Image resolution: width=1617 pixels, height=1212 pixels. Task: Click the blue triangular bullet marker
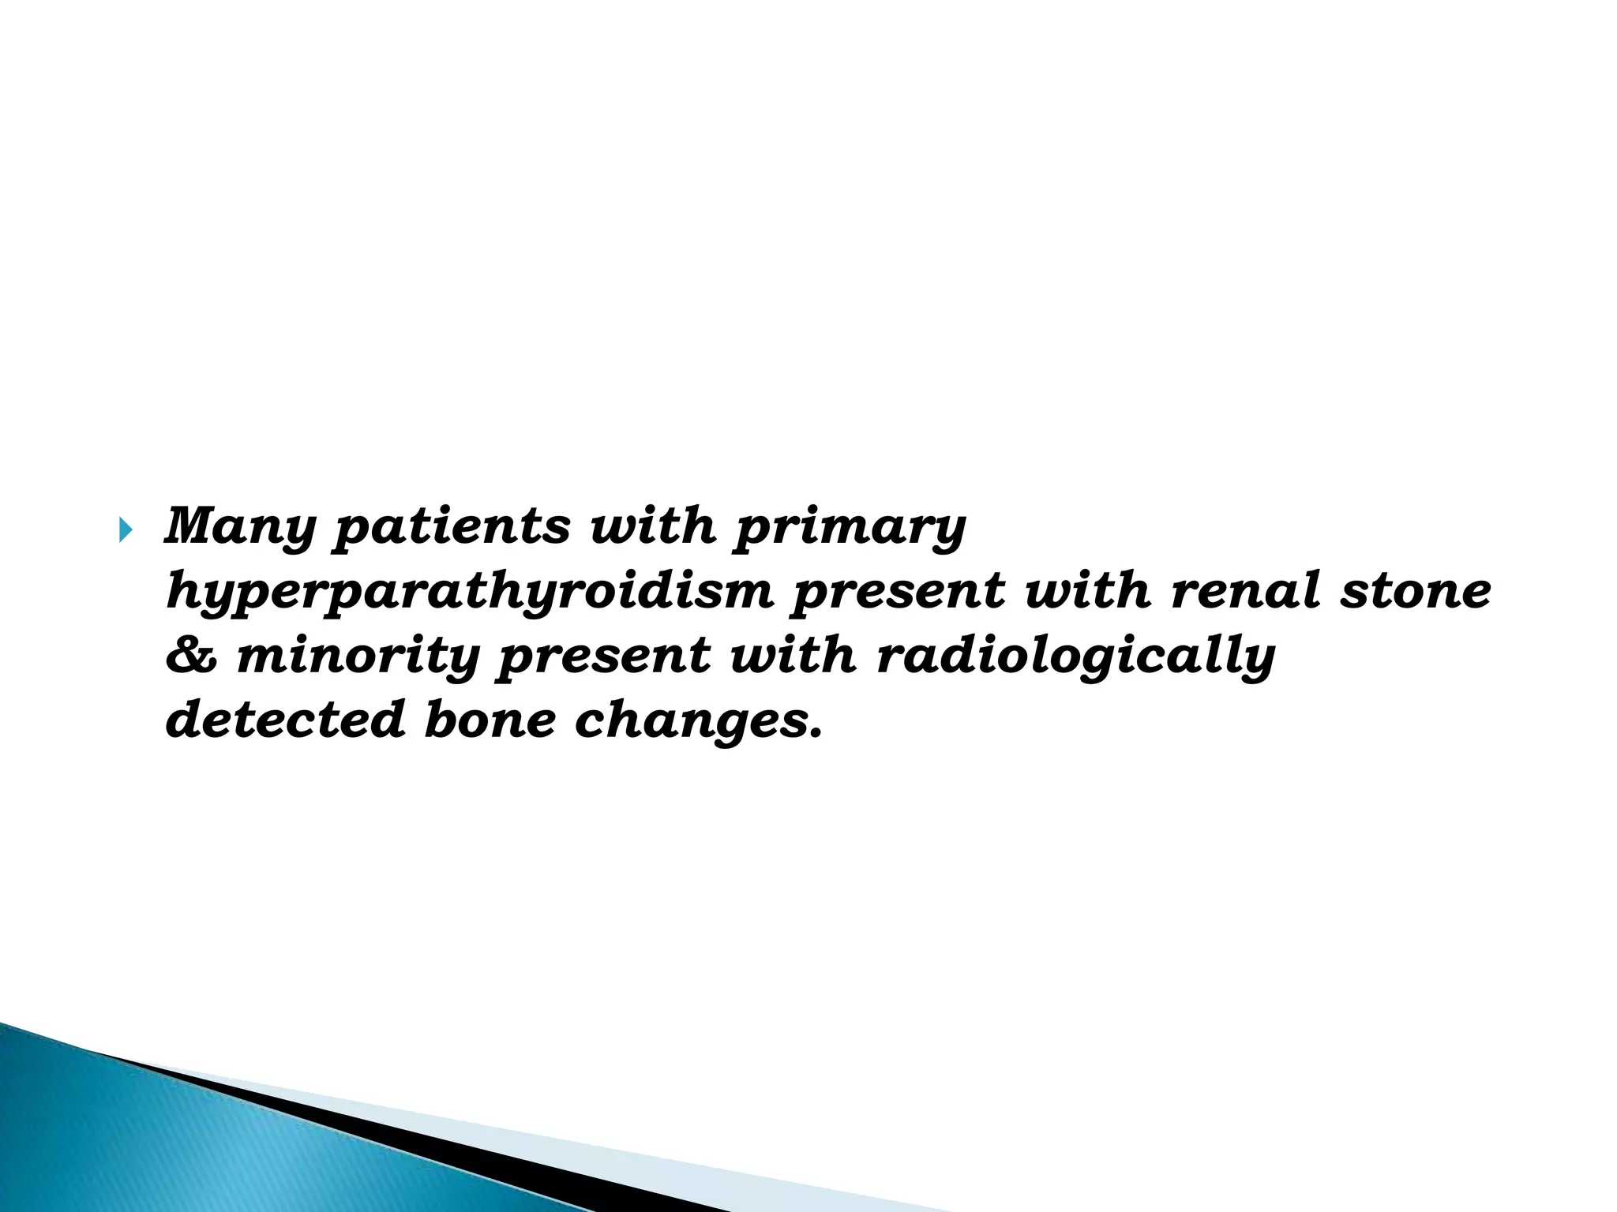126,533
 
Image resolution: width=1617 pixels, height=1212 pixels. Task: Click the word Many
240,527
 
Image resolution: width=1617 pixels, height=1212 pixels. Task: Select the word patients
450,527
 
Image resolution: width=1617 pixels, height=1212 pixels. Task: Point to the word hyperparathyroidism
470,592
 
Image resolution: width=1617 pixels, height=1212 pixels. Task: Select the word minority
358,656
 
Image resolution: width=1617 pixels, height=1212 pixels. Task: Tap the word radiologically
1076,656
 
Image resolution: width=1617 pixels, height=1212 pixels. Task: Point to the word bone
490,720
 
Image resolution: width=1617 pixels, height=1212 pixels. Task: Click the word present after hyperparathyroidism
899,592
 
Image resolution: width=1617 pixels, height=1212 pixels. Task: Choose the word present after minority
605,656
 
